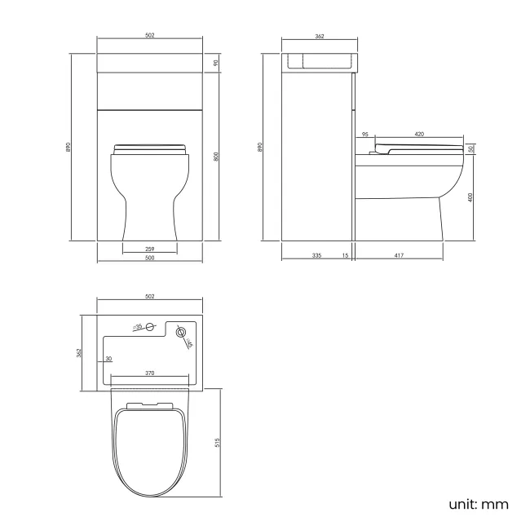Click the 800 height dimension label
pyautogui.click(x=216, y=157)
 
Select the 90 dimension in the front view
pyautogui.click(x=216, y=63)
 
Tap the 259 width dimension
pyautogui.click(x=150, y=249)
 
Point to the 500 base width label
pyautogui.click(x=150, y=258)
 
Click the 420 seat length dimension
pyautogui.click(x=419, y=133)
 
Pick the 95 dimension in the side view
pyautogui.click(x=364, y=133)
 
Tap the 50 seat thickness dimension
pyautogui.click(x=473, y=149)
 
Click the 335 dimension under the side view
pyautogui.click(x=316, y=256)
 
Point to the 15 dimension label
pyautogui.click(x=346, y=256)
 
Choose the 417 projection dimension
pyautogui.click(x=399, y=256)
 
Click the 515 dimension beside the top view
pyautogui.click(x=217, y=442)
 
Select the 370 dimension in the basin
pyautogui.click(x=150, y=372)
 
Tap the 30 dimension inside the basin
pyautogui.click(x=108, y=360)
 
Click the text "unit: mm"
pyautogui.click(x=479, y=504)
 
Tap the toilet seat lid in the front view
pyautogui.click(x=150, y=148)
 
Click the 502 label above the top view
pyautogui.click(x=150, y=297)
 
